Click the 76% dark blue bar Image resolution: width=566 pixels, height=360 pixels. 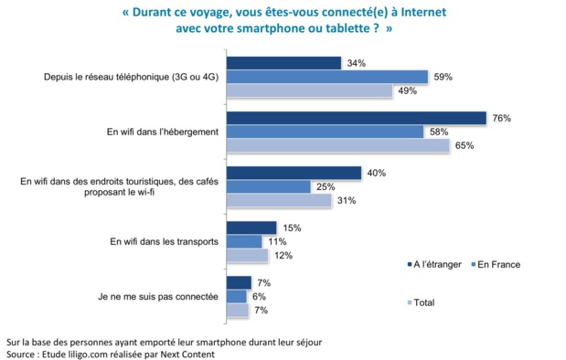[357, 118]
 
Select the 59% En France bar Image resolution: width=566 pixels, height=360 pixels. [327, 77]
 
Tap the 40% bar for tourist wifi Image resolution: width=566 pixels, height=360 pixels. [294, 173]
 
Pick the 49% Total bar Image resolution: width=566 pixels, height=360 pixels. [309, 90]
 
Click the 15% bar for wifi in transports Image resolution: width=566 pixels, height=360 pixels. [251, 228]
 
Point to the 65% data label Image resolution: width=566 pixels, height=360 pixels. [465, 145]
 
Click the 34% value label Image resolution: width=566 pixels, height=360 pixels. [357, 63]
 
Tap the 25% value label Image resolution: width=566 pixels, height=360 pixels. [326, 186]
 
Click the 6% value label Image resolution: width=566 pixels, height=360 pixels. [261, 296]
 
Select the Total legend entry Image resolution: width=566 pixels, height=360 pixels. [422, 302]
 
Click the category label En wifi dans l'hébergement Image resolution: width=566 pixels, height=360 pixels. [162, 132]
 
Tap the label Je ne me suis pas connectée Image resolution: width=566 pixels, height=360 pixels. [158, 296]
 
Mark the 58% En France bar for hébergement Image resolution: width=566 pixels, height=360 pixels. [325, 132]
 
